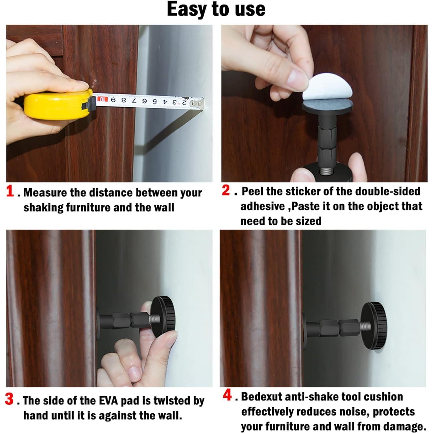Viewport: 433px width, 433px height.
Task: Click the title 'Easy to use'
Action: pyautogui.click(x=216, y=9)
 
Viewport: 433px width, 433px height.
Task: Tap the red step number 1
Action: pyautogui.click(x=10, y=191)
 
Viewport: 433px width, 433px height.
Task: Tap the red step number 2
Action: pyautogui.click(x=226, y=190)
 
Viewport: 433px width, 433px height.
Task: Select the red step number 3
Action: pyautogui.click(x=9, y=399)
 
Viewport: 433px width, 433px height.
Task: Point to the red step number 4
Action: pyautogui.click(x=227, y=395)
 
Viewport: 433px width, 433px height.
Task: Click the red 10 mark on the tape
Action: pyautogui.click(x=102, y=100)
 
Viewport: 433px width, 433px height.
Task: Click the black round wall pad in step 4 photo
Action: pyautogui.click(x=378, y=326)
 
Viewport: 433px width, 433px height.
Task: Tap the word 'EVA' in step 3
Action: pyautogui.click(x=107, y=401)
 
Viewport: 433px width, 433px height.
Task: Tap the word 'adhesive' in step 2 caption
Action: pyautogui.click(x=262, y=206)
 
